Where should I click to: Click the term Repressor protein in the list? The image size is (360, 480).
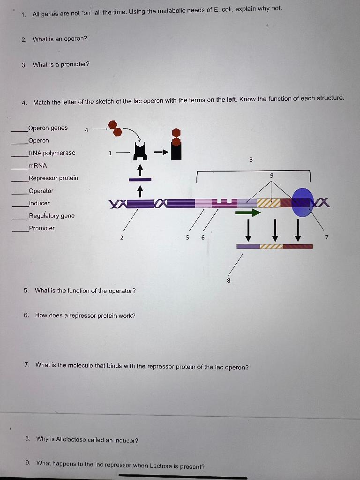53,178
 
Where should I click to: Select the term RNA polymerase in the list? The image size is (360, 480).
52,153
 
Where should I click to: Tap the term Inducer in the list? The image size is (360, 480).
39,203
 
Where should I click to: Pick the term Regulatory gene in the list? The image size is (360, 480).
51,216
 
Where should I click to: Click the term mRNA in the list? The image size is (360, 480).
37,165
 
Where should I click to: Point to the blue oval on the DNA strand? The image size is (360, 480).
302,202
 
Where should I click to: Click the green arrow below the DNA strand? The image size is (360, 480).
247,213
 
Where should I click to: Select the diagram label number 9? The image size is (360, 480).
272,175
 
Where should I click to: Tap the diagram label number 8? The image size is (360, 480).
228,281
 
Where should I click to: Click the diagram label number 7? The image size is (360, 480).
328,238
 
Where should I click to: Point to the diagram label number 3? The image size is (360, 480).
251,160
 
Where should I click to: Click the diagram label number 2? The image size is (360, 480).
122,238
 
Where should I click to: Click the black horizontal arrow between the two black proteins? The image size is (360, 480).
161,152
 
